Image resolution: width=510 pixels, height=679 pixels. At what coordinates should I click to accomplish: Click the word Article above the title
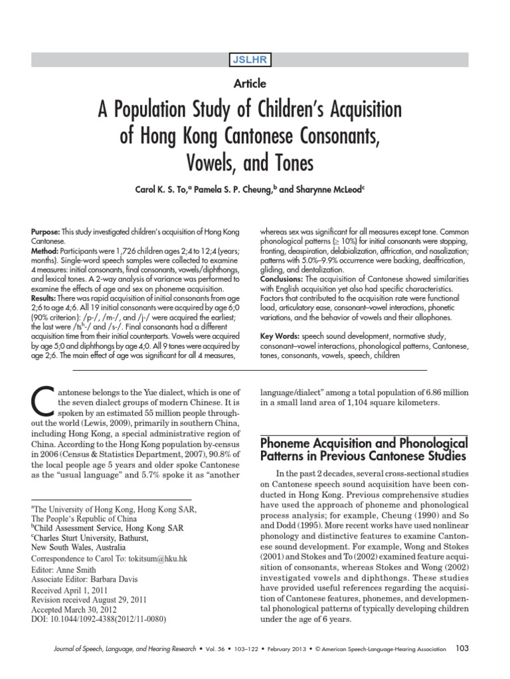250,84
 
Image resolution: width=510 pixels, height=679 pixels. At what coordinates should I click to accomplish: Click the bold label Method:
45,253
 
